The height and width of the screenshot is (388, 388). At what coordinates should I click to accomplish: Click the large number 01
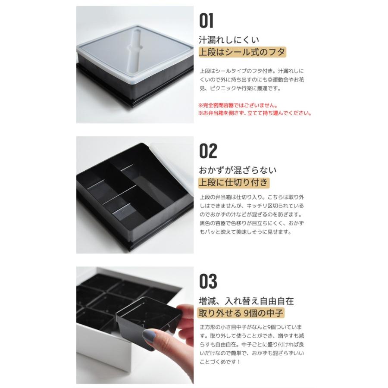[206, 20]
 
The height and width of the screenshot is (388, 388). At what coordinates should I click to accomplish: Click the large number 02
[208, 151]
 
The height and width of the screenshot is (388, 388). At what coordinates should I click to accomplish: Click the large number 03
[208, 282]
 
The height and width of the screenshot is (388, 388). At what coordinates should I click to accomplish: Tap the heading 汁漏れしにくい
[228, 41]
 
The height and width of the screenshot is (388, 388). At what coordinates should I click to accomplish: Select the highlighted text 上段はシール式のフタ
[241, 53]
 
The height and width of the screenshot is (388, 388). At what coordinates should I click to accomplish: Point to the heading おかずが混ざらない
[237, 170]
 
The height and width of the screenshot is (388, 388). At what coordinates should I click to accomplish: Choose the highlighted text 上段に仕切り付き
[233, 183]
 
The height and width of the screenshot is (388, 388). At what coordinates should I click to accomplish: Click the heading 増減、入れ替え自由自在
[246, 300]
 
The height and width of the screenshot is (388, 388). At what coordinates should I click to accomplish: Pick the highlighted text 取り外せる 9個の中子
[241, 313]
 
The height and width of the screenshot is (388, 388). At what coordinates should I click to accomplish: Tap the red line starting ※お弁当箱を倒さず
[255, 113]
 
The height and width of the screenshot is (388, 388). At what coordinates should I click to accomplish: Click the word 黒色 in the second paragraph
[206, 223]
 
